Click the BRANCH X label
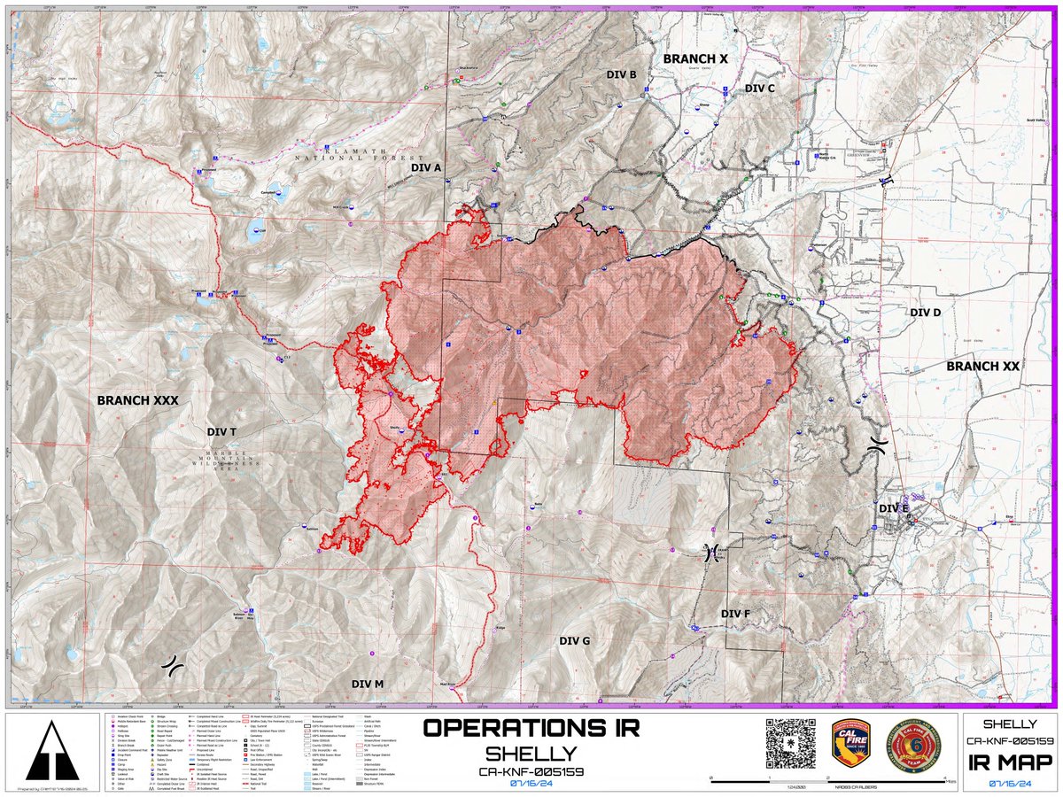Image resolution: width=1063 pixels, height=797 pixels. tap(695, 58)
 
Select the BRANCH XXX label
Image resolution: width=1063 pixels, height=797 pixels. tap(137, 400)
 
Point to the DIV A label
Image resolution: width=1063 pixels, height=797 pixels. tap(426, 166)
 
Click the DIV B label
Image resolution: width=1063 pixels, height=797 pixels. tap(622, 74)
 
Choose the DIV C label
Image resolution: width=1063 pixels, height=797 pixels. tap(759, 89)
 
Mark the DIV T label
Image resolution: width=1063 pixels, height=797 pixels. tap(221, 431)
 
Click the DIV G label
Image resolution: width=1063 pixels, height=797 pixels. tap(574, 640)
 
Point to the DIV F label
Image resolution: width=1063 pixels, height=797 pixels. tap(735, 614)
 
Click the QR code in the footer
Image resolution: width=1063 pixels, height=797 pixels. tap(789, 743)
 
